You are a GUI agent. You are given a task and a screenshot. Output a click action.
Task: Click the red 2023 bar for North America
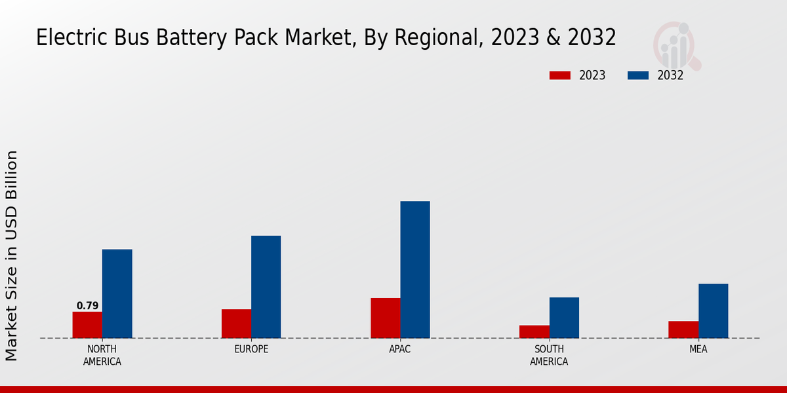pos(87,325)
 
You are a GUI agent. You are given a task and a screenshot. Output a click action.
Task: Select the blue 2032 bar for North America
pos(117,293)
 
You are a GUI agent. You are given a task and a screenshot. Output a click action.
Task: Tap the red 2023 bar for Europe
pos(236,324)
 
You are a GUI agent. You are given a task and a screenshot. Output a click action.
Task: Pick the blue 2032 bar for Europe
pos(266,287)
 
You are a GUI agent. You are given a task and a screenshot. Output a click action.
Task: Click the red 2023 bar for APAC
pos(385,318)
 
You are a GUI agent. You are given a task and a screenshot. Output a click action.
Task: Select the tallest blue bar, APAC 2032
pos(415,270)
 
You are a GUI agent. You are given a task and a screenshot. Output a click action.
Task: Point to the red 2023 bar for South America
pos(534,332)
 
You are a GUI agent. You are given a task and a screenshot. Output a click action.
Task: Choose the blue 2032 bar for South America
pos(564,318)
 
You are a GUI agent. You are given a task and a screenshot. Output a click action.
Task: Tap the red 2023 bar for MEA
pos(683,329)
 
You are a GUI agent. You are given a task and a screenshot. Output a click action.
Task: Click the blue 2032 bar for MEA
pos(713,311)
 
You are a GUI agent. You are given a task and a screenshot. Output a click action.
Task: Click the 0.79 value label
pos(87,306)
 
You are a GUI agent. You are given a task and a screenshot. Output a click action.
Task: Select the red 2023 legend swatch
pos(559,75)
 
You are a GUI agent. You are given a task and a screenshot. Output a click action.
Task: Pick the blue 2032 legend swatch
pos(638,75)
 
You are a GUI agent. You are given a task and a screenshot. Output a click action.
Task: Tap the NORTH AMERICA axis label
pos(102,355)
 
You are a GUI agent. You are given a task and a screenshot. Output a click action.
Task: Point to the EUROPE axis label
pos(251,349)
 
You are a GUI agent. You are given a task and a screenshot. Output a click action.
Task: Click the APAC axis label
pos(400,349)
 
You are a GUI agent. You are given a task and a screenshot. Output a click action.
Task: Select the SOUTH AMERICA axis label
pos(549,355)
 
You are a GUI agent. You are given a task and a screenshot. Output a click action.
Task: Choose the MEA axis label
pos(698,349)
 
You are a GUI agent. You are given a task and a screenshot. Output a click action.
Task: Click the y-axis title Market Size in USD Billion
pos(12,255)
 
